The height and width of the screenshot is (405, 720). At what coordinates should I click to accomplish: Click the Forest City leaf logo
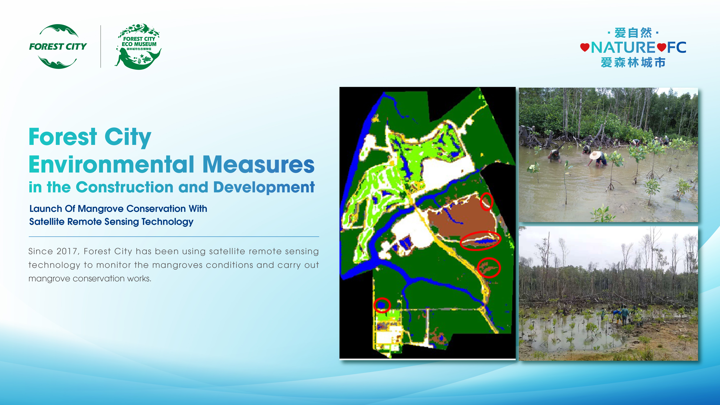(58, 46)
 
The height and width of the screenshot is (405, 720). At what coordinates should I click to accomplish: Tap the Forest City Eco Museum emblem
(139, 46)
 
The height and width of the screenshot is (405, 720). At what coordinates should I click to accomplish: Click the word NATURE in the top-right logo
(623, 48)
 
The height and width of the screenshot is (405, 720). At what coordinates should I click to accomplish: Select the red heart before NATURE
(585, 47)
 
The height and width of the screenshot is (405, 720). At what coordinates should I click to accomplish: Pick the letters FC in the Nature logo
(677, 48)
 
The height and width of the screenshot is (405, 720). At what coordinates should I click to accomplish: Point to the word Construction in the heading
(124, 187)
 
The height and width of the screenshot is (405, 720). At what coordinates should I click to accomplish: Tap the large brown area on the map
(461, 221)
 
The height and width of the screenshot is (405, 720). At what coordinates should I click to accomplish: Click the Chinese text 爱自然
(633, 33)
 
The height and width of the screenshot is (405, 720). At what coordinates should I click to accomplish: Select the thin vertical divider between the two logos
(101, 46)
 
